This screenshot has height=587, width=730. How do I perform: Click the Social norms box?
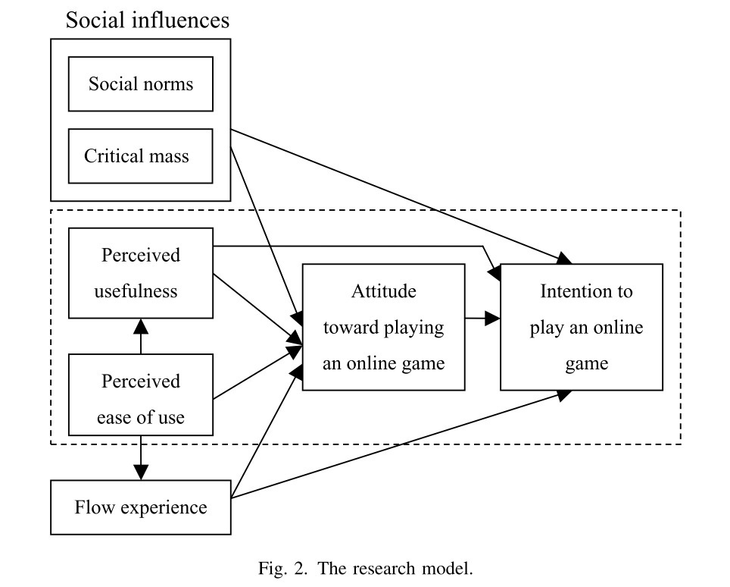click(x=140, y=83)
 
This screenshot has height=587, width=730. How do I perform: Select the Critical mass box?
click(x=140, y=155)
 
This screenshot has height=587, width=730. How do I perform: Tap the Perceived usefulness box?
click(x=140, y=273)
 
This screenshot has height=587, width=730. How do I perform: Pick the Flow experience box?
click(x=140, y=507)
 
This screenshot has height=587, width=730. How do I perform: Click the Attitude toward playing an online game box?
click(x=383, y=327)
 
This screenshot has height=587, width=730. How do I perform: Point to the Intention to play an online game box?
click(x=582, y=327)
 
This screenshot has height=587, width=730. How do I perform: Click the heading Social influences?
click(x=147, y=20)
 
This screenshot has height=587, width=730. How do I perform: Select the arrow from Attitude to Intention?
click(x=482, y=319)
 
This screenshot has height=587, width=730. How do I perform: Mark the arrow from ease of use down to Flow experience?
click(x=141, y=457)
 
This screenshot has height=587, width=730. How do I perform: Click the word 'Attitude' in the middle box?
click(x=383, y=291)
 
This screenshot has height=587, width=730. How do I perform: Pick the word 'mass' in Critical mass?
click(x=170, y=156)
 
